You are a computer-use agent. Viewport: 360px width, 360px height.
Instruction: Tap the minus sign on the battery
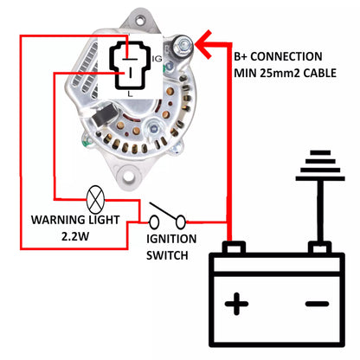coord(317,304)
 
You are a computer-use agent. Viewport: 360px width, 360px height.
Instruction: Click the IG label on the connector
coord(157,58)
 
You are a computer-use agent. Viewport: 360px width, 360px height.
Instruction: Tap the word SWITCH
coord(167,256)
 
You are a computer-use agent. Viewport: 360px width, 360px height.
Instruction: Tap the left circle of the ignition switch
coord(143,222)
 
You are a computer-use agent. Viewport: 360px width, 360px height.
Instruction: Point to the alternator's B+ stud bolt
coord(183,41)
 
